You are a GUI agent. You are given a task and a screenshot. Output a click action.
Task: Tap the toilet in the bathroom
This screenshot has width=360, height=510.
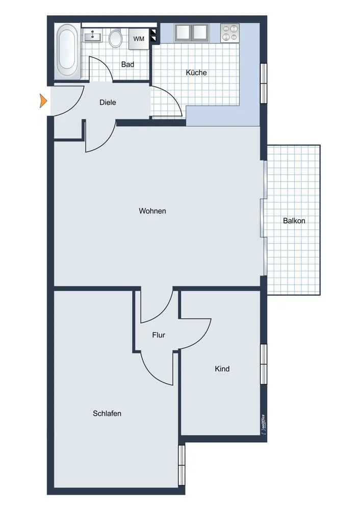(116, 38)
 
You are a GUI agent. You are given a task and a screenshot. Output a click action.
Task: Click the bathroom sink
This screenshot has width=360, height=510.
(93, 36)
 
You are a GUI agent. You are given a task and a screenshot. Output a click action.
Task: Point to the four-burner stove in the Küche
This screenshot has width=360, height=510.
(230, 33)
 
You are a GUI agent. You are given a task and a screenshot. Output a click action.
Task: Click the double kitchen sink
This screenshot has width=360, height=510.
(192, 33)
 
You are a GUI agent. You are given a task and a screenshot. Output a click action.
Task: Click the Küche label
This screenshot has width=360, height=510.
(196, 72)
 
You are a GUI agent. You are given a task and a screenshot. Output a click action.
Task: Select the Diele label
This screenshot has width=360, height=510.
(108, 102)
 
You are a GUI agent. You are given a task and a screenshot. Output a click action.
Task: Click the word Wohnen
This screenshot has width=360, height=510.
(152, 211)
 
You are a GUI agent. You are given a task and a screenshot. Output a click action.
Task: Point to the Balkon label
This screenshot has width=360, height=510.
(294, 221)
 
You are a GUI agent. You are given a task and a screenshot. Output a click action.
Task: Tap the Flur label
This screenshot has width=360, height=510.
(159, 335)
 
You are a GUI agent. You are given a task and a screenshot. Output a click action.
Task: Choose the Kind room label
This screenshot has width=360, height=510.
(222, 368)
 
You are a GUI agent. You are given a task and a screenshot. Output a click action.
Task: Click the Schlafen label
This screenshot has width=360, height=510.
(107, 413)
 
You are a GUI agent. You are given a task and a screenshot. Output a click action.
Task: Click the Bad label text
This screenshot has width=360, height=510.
(127, 65)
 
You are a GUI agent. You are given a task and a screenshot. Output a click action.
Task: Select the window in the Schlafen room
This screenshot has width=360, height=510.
(181, 465)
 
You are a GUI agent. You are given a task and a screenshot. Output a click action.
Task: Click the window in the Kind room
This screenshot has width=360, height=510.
(264, 363)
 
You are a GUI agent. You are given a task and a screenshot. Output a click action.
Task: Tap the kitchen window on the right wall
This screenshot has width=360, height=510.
(264, 83)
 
